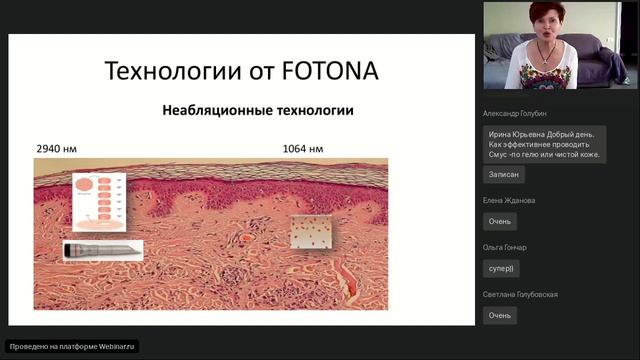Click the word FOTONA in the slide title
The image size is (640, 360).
click(324, 72)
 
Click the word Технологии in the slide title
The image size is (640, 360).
click(167, 72)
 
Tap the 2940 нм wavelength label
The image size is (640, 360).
click(56, 149)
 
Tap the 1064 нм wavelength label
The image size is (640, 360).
click(303, 149)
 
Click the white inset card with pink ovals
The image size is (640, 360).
click(102, 203)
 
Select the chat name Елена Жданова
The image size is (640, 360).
click(508, 200)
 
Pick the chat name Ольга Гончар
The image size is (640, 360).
click(504, 247)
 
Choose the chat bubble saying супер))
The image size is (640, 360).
click(501, 268)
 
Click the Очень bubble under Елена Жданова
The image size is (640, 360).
click(499, 221)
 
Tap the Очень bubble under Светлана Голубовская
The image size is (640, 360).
click(499, 315)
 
